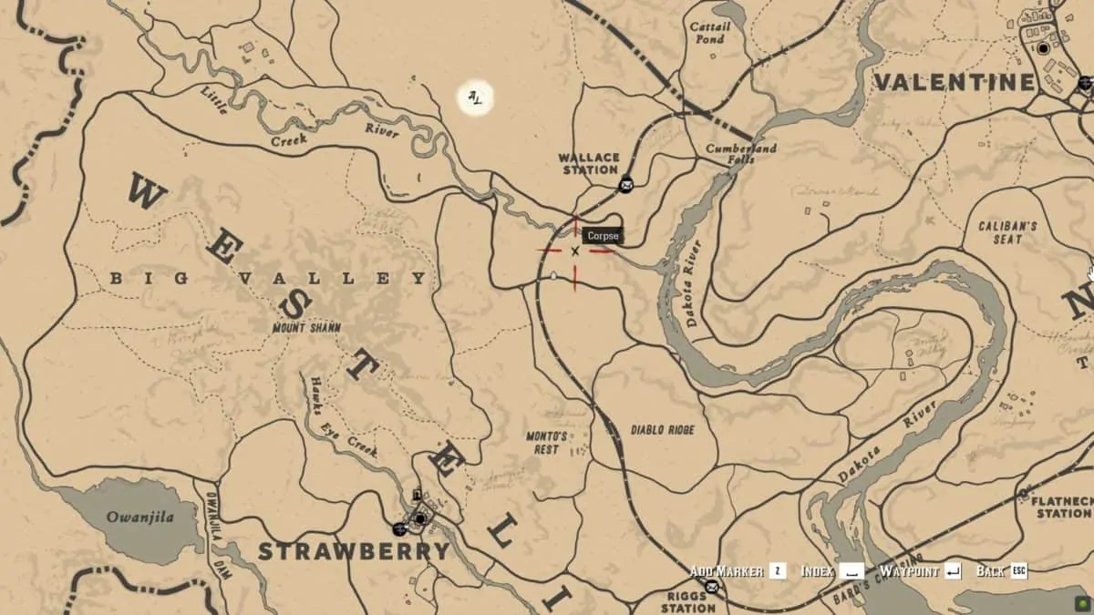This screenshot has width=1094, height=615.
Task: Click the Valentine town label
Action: point(955,82)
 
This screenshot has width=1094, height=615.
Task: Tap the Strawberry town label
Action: point(354,551)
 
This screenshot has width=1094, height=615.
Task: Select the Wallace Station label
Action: point(589,164)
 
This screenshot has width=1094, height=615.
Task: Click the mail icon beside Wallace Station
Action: point(626,186)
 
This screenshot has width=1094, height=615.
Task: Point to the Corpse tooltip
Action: point(603,236)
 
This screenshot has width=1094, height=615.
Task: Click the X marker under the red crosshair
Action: point(575,251)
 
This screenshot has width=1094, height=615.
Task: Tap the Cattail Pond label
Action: point(709,33)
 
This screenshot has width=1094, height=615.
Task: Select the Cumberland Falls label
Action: point(741,153)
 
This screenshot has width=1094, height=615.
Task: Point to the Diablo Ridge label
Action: point(662,430)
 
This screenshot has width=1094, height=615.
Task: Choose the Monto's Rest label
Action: point(547,442)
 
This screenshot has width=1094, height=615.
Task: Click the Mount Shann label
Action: point(306,328)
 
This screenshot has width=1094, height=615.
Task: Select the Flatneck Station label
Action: point(1063,507)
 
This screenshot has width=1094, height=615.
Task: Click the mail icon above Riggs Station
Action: point(711,587)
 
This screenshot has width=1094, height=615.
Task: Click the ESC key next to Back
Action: point(1018,571)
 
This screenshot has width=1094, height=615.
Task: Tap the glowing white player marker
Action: point(475,97)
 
